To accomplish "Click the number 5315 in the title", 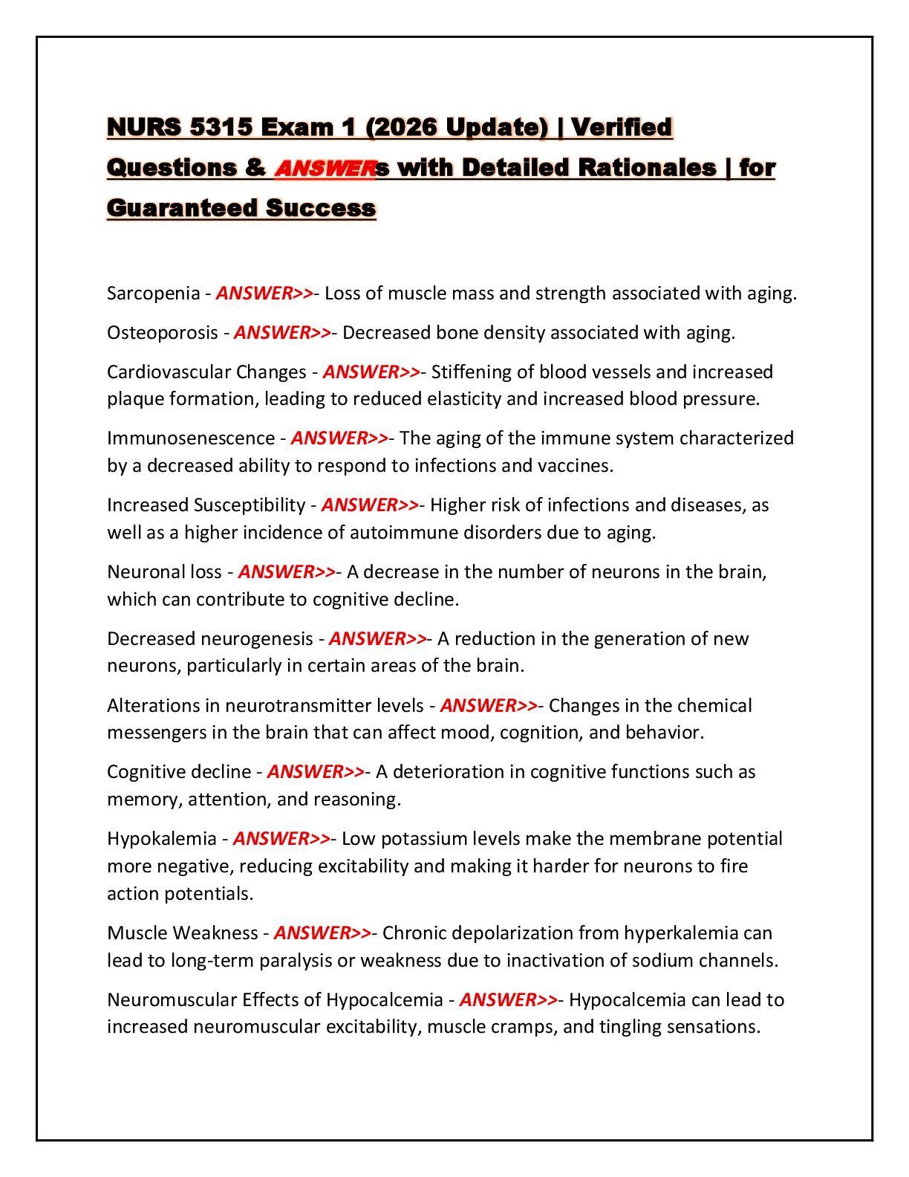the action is coord(221,127).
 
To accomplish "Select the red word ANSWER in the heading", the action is coord(325,169).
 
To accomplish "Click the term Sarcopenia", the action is coord(153,294).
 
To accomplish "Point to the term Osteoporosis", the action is coord(163,333).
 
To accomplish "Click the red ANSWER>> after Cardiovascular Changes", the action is coord(371,372).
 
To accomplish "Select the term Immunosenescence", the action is coord(191,438).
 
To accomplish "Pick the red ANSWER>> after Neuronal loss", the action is coord(287,572).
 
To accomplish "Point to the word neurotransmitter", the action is coord(325,706).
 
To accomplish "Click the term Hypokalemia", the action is coord(162,838).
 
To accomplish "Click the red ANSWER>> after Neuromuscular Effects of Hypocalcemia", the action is coord(509,1000).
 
